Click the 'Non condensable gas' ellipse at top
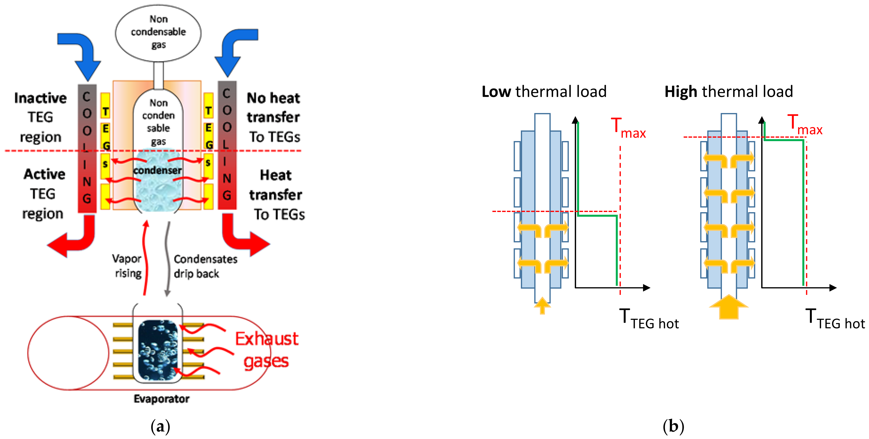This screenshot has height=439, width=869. tap(158, 33)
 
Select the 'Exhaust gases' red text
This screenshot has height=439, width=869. tap(266, 350)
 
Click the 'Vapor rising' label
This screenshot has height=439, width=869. tap(127, 266)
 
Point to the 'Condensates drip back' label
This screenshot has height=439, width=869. tap(205, 266)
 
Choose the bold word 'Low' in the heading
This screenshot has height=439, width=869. tap(496, 92)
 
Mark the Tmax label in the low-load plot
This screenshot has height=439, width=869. tap(628, 128)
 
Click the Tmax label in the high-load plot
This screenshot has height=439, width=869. tap(805, 125)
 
